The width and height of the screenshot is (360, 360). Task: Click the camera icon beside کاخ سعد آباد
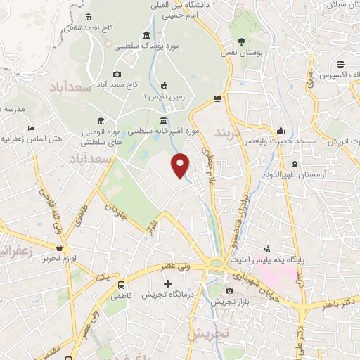coord(117,74)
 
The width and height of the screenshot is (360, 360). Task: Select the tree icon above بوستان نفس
coord(242,40)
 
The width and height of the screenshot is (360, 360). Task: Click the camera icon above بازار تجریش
coord(229,290)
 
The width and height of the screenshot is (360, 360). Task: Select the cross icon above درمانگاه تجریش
coord(167,283)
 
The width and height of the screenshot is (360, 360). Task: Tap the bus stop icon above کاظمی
coord(122,285)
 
